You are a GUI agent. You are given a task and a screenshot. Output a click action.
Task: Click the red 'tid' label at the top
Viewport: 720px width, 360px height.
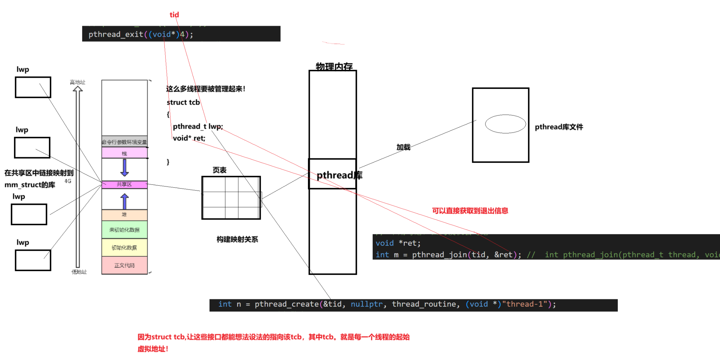tap(174, 15)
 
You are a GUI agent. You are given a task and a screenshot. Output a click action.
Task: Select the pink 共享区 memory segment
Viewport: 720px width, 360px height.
tap(124, 184)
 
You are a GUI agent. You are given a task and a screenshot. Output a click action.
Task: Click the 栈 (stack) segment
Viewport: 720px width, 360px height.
tap(124, 154)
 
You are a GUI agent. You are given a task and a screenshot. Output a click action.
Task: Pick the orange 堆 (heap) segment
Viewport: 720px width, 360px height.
tap(124, 215)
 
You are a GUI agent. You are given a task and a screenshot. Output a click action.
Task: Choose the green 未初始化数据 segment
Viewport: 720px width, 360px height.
tap(124, 230)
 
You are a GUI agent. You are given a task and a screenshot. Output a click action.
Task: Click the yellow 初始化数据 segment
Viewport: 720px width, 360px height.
tap(124, 248)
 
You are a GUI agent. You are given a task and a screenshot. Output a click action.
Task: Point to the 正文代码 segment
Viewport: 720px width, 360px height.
tap(124, 265)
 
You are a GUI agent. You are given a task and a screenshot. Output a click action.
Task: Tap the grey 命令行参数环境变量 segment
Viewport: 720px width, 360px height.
tap(124, 142)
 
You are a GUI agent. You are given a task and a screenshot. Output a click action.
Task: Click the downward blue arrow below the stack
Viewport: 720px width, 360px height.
tap(124, 168)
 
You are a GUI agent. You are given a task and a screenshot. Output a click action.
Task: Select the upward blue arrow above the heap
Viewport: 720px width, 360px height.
tap(124, 202)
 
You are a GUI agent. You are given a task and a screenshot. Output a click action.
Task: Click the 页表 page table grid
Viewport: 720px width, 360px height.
tap(231, 198)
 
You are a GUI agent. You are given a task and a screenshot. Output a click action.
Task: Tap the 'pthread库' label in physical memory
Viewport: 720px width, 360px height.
tap(339, 175)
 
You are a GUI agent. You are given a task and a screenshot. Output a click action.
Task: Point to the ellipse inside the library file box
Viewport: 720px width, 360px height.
tap(505, 124)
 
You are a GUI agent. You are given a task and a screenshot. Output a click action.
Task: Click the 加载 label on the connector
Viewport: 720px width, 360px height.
tap(403, 147)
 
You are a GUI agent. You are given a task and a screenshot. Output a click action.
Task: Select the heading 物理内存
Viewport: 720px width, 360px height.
tap(334, 66)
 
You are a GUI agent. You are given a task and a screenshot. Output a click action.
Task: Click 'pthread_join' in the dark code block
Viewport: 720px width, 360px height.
tap(439, 255)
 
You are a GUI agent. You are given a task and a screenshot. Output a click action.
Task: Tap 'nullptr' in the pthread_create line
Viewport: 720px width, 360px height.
tap(366, 304)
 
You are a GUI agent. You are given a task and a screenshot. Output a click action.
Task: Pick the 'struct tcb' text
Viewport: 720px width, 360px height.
tap(183, 103)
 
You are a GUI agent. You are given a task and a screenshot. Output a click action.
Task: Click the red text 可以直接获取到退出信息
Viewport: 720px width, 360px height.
tap(470, 211)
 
